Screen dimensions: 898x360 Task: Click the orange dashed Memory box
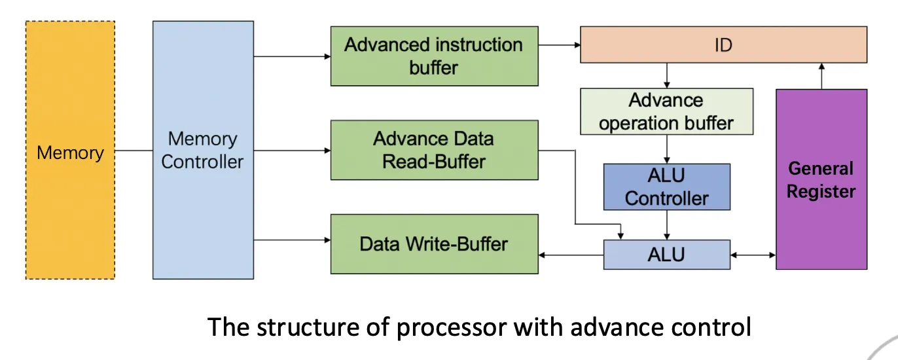pos(70,150)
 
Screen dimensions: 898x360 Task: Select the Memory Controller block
pos(203,150)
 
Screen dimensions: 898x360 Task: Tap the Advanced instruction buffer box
pos(434,56)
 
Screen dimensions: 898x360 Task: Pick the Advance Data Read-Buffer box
pos(434,150)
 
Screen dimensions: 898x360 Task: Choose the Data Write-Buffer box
pos(434,244)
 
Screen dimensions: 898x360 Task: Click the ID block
pos(724,45)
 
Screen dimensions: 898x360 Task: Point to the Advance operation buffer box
pos(667,111)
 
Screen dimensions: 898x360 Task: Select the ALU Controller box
pos(667,187)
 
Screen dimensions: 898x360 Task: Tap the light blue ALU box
pos(667,255)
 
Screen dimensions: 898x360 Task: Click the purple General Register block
pos(821,179)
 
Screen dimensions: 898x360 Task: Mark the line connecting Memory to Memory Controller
pos(134,151)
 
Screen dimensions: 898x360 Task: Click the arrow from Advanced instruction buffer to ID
pos(559,45)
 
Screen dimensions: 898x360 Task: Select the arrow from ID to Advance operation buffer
pos(667,75)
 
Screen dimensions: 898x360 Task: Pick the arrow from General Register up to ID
pos(821,76)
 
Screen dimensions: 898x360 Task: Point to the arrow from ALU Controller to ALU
pos(667,225)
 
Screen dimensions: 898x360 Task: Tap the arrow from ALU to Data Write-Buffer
pos(571,255)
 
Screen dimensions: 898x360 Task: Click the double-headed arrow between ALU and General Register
pos(753,255)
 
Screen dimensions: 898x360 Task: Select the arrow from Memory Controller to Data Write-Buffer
pos(292,240)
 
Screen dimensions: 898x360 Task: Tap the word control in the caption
pos(711,327)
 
